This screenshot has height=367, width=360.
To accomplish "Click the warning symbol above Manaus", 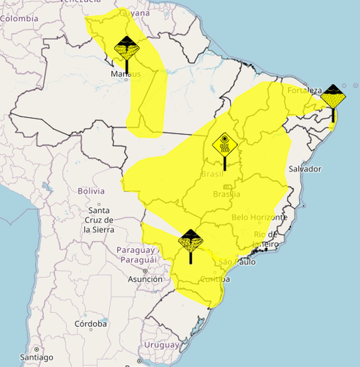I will [127, 48].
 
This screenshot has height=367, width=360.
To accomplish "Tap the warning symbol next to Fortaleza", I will [333, 97].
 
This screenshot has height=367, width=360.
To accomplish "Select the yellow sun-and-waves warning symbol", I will [225, 145].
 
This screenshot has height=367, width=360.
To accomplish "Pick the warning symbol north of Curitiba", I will [191, 241].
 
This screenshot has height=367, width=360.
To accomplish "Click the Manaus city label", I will [126, 74].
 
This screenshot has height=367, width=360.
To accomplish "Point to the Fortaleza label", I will [304, 90].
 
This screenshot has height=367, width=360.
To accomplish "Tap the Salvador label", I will [305, 169].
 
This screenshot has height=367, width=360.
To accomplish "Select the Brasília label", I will [227, 194].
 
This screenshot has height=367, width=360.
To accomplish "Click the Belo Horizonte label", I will [259, 217].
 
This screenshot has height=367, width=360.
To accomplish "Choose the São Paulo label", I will [237, 262].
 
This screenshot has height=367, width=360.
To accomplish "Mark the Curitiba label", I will [215, 279].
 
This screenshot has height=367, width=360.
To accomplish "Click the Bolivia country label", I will [91, 191].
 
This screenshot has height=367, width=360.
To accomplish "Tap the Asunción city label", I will [145, 279].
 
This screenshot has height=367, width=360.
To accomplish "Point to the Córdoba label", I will [91, 324].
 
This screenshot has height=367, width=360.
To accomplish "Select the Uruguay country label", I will [162, 345].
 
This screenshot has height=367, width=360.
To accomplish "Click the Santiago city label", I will [36, 357].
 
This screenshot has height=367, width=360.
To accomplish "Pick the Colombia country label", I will [19, 19].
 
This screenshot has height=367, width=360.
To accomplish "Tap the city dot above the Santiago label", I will [36, 349].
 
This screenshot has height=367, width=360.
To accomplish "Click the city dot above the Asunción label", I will [145, 271].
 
